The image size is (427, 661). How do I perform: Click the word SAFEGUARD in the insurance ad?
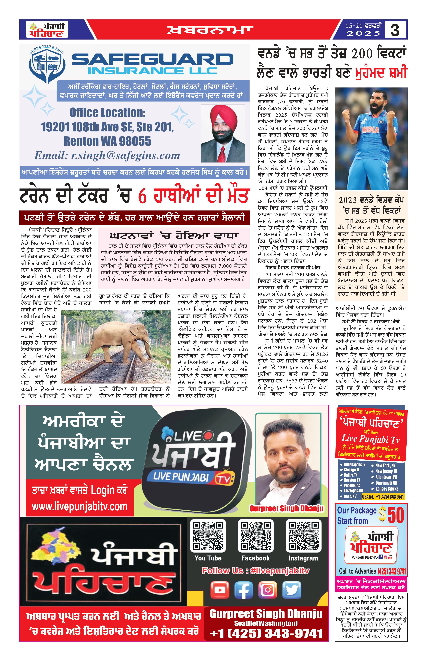[153, 59]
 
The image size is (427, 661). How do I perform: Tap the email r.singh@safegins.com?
[107, 155]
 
